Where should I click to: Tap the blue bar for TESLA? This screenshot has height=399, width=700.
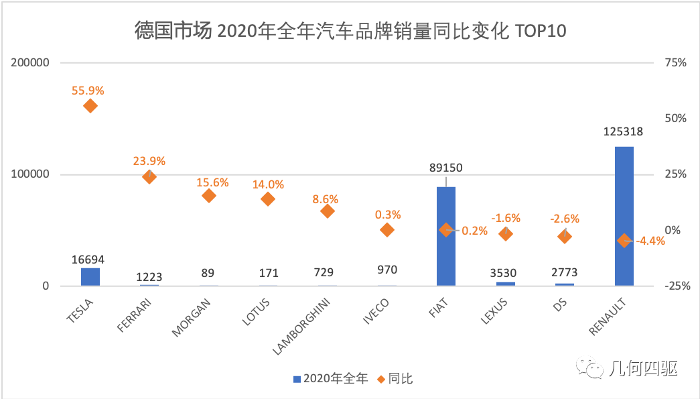coord(90,277)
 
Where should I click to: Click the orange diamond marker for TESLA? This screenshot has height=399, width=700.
coord(90,106)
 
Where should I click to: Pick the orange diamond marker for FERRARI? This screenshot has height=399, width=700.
coord(149,177)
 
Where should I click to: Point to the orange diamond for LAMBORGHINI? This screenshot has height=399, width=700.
coord(328,211)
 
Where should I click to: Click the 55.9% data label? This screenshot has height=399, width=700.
coord(88,90)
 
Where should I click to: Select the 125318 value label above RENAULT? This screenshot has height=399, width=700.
coord(623,132)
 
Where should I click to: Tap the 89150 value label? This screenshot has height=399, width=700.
coord(445,168)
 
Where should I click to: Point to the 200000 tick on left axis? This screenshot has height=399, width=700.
coord(31,63)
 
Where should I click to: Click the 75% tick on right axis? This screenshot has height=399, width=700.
coord(675,63)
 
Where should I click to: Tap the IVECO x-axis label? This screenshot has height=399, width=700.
coord(376,311)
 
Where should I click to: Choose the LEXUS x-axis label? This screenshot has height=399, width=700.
coord(494,312)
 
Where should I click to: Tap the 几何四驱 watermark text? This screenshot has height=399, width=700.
coord(642,368)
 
